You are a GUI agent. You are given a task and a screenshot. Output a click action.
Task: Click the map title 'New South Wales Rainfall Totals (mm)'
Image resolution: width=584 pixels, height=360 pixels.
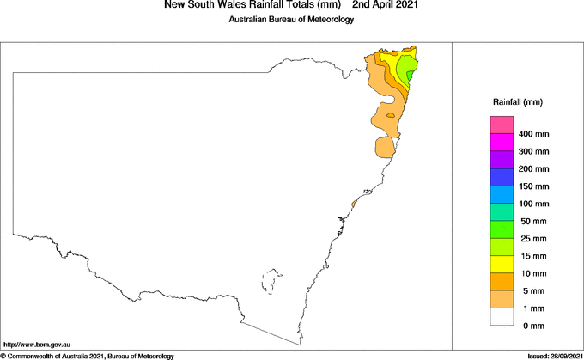point(246,5)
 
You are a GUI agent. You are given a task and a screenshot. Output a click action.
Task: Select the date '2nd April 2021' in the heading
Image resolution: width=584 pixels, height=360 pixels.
point(388,5)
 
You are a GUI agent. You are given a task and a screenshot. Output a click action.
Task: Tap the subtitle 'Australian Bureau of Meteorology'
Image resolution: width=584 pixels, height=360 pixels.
point(291,20)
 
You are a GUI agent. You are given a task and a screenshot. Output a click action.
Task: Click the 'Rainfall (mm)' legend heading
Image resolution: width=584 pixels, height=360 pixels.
point(518,101)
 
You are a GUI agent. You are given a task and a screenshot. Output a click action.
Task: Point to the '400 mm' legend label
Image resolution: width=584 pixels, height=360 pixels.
point(533,135)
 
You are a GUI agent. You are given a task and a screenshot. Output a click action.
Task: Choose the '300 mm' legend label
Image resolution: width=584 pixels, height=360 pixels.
point(533,152)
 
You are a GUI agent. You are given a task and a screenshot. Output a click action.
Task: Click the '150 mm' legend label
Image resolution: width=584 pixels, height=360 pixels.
point(533,186)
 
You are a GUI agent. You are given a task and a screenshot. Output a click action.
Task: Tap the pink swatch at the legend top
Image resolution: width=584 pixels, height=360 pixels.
point(501,125)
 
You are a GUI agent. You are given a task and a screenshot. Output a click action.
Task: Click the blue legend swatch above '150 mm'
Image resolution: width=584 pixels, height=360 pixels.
point(501,177)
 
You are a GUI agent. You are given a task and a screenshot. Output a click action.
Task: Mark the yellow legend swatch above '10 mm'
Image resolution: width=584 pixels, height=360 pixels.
point(501,264)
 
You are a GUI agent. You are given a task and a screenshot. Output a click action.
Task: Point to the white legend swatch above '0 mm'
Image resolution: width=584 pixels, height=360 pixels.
point(501,316)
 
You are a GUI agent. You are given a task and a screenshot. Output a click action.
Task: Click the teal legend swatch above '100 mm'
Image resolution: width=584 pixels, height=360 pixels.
point(501,211)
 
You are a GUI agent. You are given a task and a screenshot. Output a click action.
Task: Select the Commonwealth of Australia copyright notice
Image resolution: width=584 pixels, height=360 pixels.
point(88,356)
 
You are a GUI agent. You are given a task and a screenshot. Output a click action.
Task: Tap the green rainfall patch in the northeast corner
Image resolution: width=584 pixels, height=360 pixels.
point(411,67)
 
